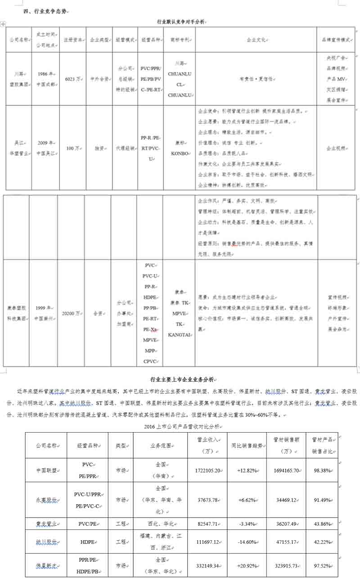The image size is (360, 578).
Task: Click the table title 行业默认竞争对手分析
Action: (181, 21)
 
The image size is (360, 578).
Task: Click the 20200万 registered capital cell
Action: (71, 313)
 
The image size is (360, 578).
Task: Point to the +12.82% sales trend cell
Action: (247, 470)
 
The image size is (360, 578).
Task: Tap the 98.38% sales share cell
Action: (321, 470)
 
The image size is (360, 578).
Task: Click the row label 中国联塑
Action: (46, 470)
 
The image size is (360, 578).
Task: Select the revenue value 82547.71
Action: (206, 524)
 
